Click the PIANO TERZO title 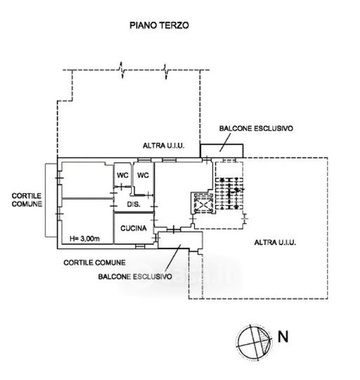click(159, 25)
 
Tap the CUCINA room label click(134, 228)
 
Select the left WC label click(122, 175)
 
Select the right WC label click(143, 175)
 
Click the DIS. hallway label click(134, 205)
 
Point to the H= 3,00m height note click(84, 239)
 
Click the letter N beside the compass click(283, 337)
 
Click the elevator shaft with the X click(203, 203)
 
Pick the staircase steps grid click(229, 193)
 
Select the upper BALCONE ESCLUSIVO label click(256, 128)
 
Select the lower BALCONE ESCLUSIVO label click(135, 277)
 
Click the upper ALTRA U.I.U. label click(164, 146)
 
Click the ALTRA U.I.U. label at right click(275, 243)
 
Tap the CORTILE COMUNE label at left click(27, 199)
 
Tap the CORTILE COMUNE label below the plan click(94, 262)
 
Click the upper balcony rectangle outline click(221, 144)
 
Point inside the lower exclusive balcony click(180, 239)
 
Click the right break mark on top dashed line click(165, 71)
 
